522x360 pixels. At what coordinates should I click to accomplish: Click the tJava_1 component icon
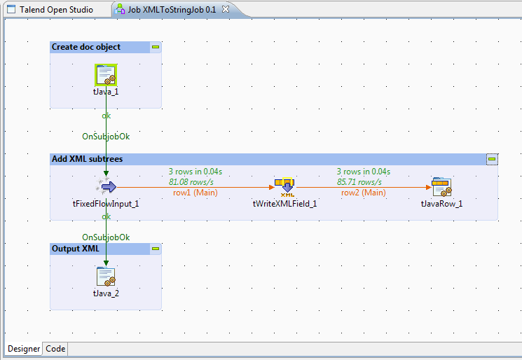tap(106, 74)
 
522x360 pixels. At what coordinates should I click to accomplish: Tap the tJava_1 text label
tap(106, 92)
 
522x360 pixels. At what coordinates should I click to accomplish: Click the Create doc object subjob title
tap(86, 47)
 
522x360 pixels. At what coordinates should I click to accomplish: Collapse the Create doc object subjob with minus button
tap(156, 47)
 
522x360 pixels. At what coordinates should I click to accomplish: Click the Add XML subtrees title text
tap(87, 159)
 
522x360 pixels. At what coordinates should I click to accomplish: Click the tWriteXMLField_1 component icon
tap(285, 186)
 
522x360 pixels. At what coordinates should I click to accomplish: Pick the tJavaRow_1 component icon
tap(441, 186)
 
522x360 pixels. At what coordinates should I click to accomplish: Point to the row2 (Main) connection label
tap(363, 193)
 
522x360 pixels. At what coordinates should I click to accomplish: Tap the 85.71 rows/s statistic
tap(363, 182)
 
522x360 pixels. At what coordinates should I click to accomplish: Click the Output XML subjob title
tap(76, 249)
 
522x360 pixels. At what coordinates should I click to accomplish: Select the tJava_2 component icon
tap(106, 277)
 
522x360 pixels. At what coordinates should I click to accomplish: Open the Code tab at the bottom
tap(55, 349)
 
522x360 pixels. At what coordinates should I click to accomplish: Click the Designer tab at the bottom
tap(24, 349)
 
